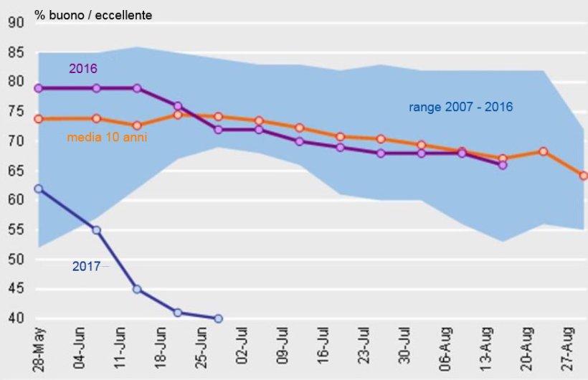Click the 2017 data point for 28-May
(38, 189)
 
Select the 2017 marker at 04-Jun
(96, 230)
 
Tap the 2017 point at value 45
(137, 290)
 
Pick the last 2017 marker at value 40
(218, 318)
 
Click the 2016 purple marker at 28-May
(38, 88)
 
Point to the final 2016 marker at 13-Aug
(503, 165)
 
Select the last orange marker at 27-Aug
(584, 175)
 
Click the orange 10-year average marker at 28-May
(38, 118)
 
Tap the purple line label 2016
(83, 69)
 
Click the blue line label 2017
(86, 266)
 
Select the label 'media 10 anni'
(107, 136)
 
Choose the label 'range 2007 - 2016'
(461, 107)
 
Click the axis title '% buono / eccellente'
(93, 15)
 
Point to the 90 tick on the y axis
(16, 23)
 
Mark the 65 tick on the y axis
(16, 171)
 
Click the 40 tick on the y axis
(16, 318)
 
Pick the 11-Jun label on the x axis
(122, 351)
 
